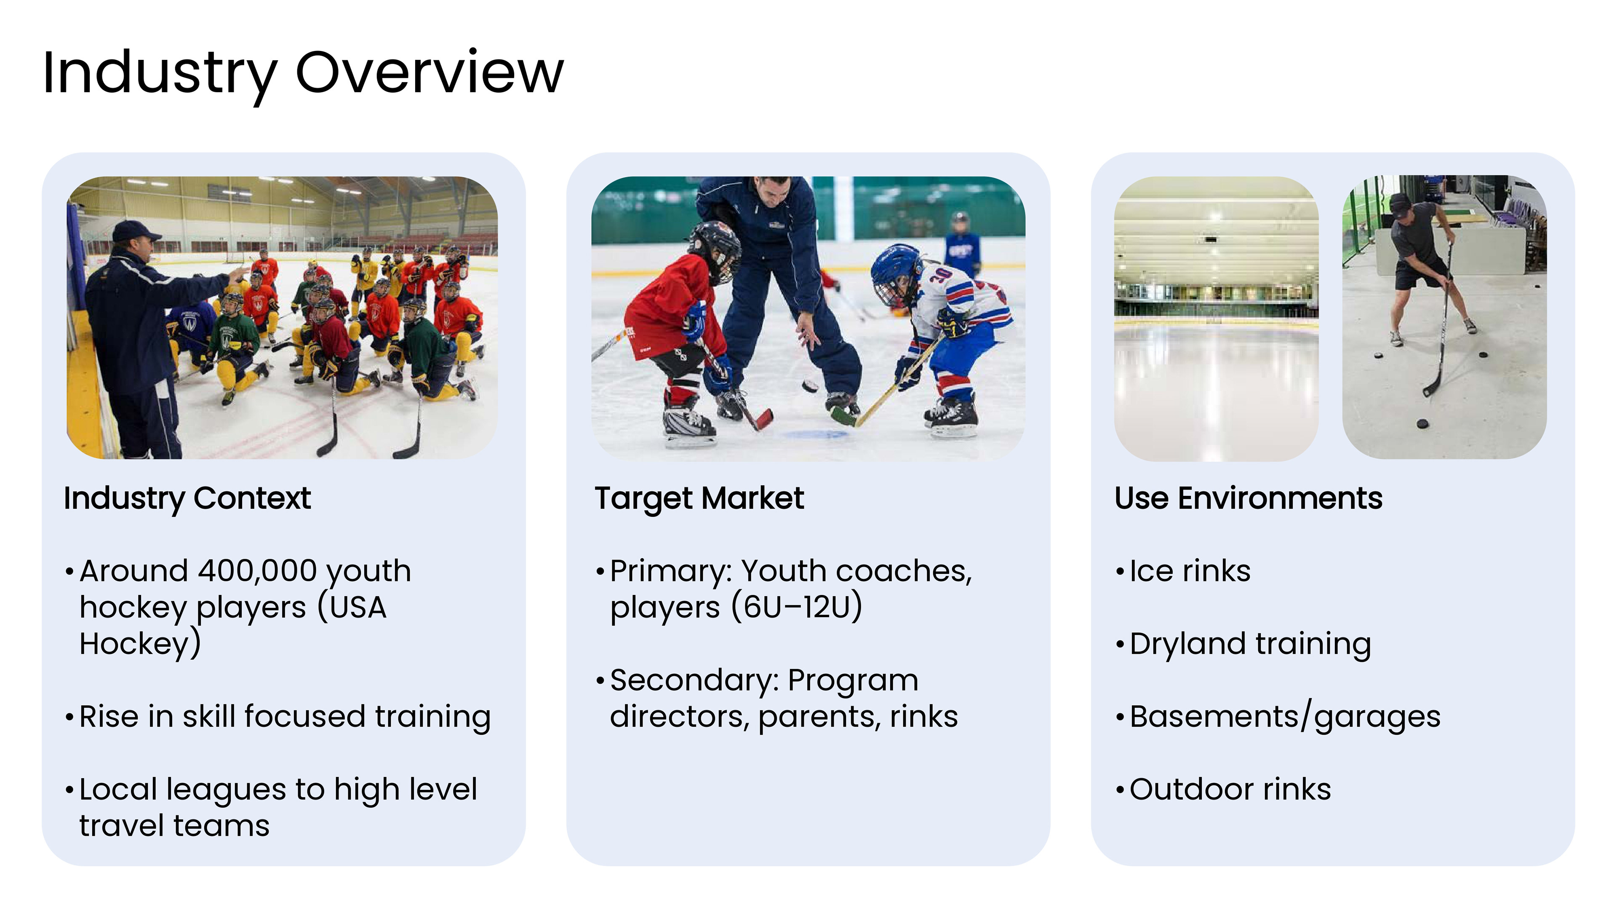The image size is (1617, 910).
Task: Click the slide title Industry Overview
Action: point(303,74)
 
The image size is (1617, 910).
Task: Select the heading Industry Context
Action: point(187,499)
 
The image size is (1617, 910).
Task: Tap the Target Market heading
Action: point(699,499)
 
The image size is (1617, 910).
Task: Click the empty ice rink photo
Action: point(1216,318)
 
